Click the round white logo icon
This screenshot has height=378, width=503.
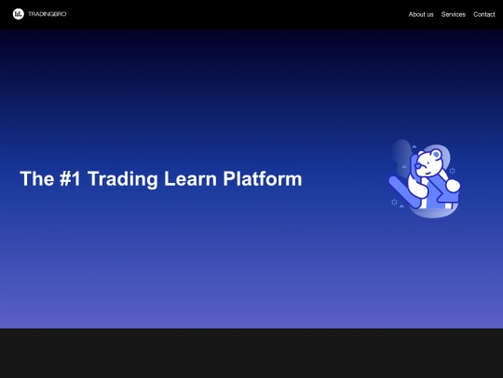pos(19,14)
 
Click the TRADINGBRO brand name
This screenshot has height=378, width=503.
pos(48,14)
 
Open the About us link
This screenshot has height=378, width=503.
pos(421,14)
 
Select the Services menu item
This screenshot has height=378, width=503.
pos(454,14)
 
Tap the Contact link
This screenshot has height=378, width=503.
pos(484,14)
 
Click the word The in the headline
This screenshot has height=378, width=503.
pos(37,178)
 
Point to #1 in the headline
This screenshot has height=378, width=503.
pos(70,178)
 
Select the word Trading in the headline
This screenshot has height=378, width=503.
pos(123,179)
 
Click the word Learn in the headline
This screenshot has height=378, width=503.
pos(190,178)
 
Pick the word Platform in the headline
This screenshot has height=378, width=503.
pos(263,178)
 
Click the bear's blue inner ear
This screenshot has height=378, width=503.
pos(437,155)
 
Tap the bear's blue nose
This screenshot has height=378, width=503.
pos(417,166)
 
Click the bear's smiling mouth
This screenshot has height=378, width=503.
pos(428,173)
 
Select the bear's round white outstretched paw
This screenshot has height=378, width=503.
pos(454,186)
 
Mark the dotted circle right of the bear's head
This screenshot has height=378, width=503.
pos(453,171)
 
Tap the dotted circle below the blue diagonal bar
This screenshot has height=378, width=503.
pos(394,202)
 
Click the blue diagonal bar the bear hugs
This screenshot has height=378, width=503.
pos(404,192)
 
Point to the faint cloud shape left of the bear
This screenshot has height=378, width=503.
pos(401,153)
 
